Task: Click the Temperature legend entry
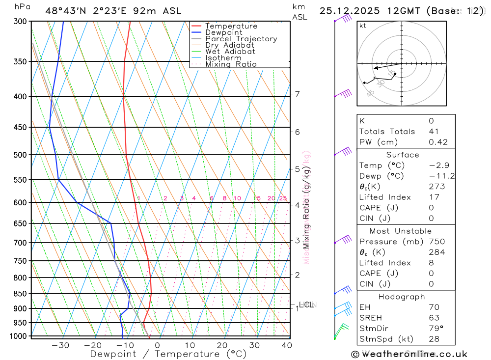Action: point(231,26)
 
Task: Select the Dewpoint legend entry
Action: point(223,32)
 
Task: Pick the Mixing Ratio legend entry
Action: point(231,64)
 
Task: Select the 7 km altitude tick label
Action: point(297,94)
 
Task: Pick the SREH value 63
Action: point(434,318)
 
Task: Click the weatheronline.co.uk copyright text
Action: point(409,354)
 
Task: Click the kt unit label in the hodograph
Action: point(362,26)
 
